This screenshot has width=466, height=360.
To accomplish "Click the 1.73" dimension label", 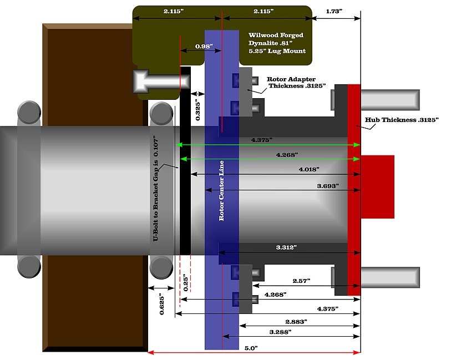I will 334,11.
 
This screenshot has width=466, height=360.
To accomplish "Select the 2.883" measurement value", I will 297,321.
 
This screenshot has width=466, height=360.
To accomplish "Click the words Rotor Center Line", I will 221,191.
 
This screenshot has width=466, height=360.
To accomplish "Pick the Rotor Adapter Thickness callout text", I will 296,83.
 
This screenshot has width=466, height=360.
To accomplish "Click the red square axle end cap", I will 377,187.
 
